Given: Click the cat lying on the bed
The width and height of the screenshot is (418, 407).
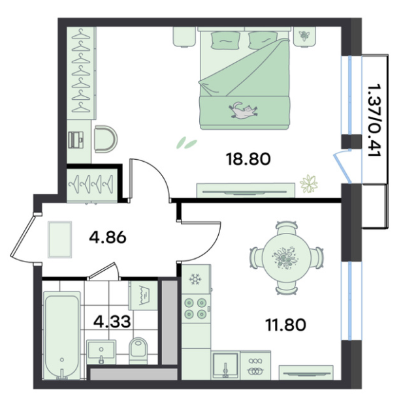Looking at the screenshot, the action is point(243,110).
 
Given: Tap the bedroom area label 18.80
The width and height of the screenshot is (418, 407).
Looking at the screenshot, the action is point(248,159).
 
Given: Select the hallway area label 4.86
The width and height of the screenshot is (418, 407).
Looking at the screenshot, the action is point(107,237).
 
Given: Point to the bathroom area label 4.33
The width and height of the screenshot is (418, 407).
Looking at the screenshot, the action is point(112,321).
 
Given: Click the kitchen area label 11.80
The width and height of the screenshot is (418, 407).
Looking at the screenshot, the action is point(285,325).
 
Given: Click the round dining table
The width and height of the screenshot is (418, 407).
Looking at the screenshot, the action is point(287,258).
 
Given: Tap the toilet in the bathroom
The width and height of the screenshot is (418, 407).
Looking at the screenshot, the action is point(138,350).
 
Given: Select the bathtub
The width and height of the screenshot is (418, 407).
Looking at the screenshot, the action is point(62,335).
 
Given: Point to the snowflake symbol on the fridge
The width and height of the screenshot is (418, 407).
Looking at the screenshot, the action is point(195,279).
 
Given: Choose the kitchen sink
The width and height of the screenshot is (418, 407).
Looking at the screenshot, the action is point(225,365).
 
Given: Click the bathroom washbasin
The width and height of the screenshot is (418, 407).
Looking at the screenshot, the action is point(101,352).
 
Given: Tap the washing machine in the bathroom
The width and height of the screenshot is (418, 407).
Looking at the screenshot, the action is point(143,295).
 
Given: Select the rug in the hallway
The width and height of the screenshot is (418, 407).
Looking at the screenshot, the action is point(60,239).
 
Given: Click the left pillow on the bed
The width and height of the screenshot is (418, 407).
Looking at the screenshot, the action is point(225,40).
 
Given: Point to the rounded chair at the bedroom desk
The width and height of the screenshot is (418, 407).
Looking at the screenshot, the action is point(106,139).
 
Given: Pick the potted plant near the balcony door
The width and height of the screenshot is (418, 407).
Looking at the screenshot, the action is point(309,184).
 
